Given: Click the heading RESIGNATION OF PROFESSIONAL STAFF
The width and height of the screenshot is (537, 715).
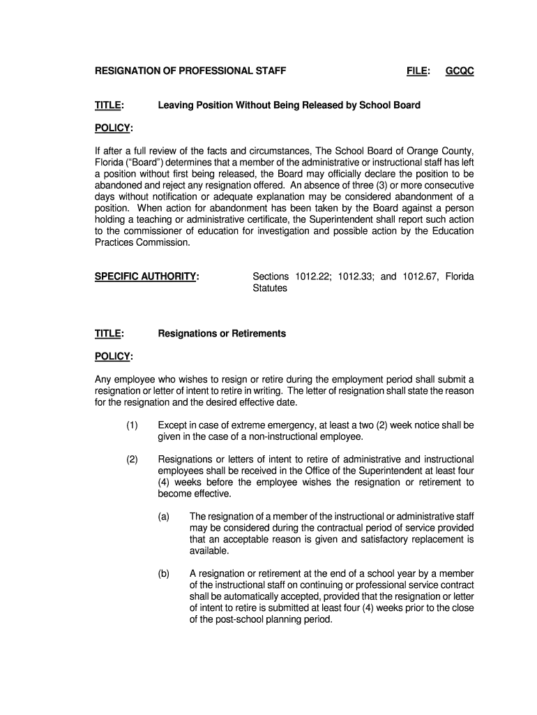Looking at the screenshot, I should coord(190,71).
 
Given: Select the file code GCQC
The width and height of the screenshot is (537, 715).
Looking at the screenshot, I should coord(460,71).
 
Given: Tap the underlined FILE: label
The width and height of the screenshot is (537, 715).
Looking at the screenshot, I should coord(418,71).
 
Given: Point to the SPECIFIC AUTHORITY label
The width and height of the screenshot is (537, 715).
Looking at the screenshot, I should coord(147,277).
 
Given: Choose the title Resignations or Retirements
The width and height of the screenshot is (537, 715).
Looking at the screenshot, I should coord(222,334).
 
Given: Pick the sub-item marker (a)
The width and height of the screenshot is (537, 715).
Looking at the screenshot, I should coord(164,517).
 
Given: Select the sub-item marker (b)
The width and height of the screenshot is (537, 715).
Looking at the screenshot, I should coord(164,573).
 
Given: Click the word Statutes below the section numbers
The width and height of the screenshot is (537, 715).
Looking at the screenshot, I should coord(269,288).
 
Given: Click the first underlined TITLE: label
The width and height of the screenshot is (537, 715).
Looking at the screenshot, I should coord(109,105).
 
